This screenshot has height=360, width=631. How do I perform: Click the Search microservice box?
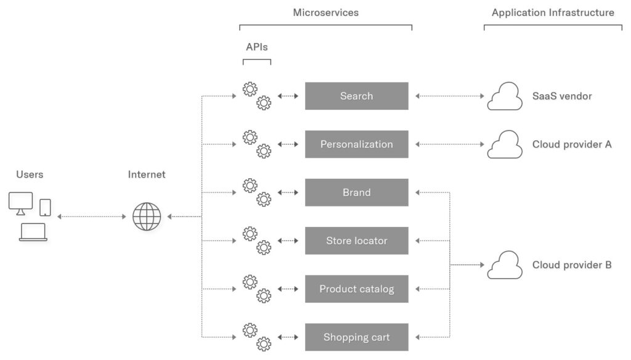(x=356, y=96)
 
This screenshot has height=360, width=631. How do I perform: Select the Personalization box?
(x=356, y=144)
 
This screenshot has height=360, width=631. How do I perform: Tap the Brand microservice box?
(x=356, y=192)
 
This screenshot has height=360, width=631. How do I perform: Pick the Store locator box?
(x=356, y=240)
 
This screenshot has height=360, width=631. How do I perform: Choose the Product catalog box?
(x=356, y=289)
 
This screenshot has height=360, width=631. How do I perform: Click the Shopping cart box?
(x=356, y=337)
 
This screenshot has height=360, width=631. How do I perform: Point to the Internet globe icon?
(x=147, y=217)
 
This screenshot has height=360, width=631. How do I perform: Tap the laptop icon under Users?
(x=33, y=232)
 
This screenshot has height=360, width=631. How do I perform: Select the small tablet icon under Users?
(x=46, y=207)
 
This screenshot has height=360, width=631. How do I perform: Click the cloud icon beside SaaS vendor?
(x=505, y=97)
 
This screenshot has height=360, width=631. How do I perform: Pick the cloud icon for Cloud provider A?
(x=505, y=145)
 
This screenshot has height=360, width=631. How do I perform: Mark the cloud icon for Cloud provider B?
(x=505, y=265)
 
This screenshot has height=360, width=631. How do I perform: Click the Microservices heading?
(x=325, y=12)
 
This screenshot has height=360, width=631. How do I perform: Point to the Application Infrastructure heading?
(x=553, y=12)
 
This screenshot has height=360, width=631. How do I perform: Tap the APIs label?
(x=257, y=47)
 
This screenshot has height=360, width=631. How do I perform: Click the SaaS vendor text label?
(x=562, y=96)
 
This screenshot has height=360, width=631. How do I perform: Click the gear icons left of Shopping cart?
(x=257, y=337)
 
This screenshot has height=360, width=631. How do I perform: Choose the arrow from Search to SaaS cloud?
(x=450, y=96)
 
